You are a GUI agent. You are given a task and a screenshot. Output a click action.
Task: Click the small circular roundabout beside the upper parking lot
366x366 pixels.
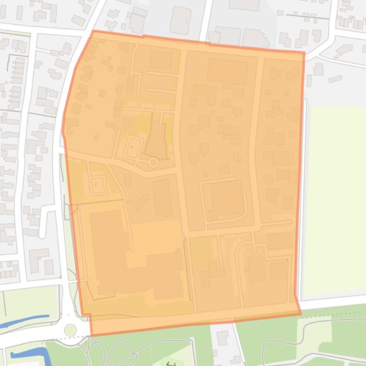click(x=153, y=163)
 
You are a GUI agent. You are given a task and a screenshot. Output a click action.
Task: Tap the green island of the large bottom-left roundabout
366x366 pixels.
click(x=70, y=329)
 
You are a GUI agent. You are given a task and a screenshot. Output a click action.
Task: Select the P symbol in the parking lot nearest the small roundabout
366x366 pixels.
click(x=131, y=148)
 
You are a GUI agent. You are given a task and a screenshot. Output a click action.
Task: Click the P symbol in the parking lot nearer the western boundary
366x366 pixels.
click(x=96, y=183)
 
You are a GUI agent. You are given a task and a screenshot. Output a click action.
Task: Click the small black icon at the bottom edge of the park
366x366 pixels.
click(x=171, y=364)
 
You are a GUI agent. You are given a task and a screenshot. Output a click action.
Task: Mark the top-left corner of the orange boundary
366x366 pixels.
click(x=93, y=31)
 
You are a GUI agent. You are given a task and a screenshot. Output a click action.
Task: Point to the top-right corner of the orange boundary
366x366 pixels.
click(x=304, y=52)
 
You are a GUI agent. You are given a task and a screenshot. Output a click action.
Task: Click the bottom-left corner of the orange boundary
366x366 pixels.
click(x=90, y=335)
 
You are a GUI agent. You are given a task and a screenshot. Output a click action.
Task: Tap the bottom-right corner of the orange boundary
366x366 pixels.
click(x=300, y=313)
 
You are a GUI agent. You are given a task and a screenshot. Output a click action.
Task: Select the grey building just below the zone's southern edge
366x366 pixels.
click(x=222, y=338)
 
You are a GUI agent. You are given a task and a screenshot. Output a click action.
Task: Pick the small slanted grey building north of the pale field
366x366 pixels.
click(x=335, y=78)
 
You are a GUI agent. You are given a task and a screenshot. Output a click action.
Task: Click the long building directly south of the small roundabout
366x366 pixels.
click(x=162, y=197)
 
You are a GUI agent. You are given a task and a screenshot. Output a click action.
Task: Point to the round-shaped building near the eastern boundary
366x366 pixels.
click(x=268, y=179)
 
